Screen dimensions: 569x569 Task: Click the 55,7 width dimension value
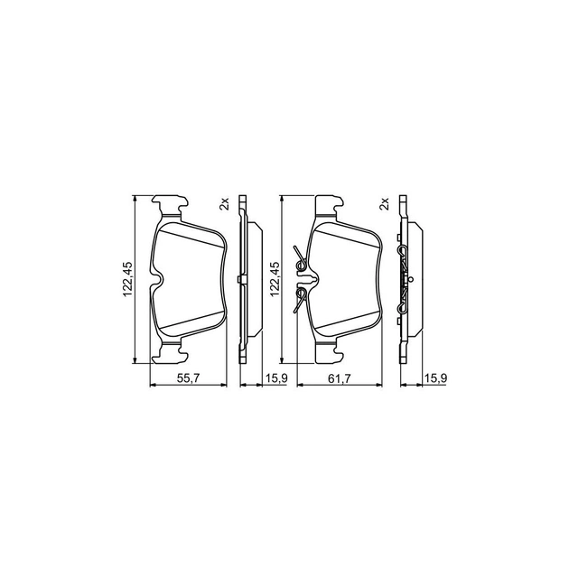click(189, 378)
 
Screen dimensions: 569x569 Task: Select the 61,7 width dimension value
click(340, 378)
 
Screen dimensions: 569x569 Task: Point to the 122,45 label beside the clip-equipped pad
click(275, 279)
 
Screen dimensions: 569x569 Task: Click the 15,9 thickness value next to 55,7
click(276, 378)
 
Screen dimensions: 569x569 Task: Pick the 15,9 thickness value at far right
click(436, 378)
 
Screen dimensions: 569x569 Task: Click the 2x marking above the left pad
click(225, 204)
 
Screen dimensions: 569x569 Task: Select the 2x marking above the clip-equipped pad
click(384, 204)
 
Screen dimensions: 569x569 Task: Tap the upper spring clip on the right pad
click(301, 259)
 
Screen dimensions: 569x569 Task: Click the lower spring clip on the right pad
click(300, 300)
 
